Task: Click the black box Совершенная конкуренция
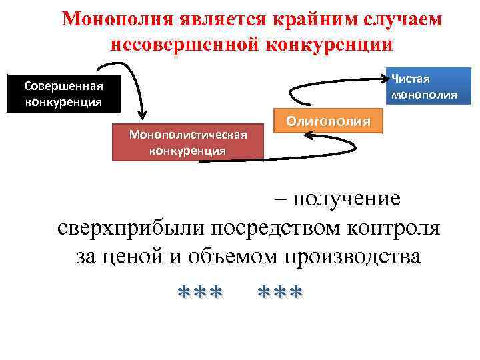click(63, 94)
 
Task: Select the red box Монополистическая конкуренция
click(188, 142)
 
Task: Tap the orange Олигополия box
click(328, 121)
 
